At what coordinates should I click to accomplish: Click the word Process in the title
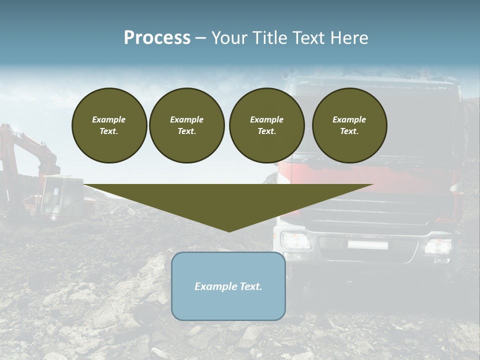(x=157, y=38)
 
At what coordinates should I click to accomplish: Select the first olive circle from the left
(x=109, y=125)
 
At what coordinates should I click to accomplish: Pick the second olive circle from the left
(x=186, y=125)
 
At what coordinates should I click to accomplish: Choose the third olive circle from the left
(x=266, y=125)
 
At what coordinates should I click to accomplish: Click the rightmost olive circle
(x=349, y=125)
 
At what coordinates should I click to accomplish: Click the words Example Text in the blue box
(x=228, y=286)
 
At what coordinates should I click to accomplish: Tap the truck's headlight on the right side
(x=438, y=245)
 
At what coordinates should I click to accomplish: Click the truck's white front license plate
(x=367, y=244)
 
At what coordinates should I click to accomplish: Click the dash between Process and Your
(x=200, y=38)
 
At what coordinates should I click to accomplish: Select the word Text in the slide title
(x=307, y=38)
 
